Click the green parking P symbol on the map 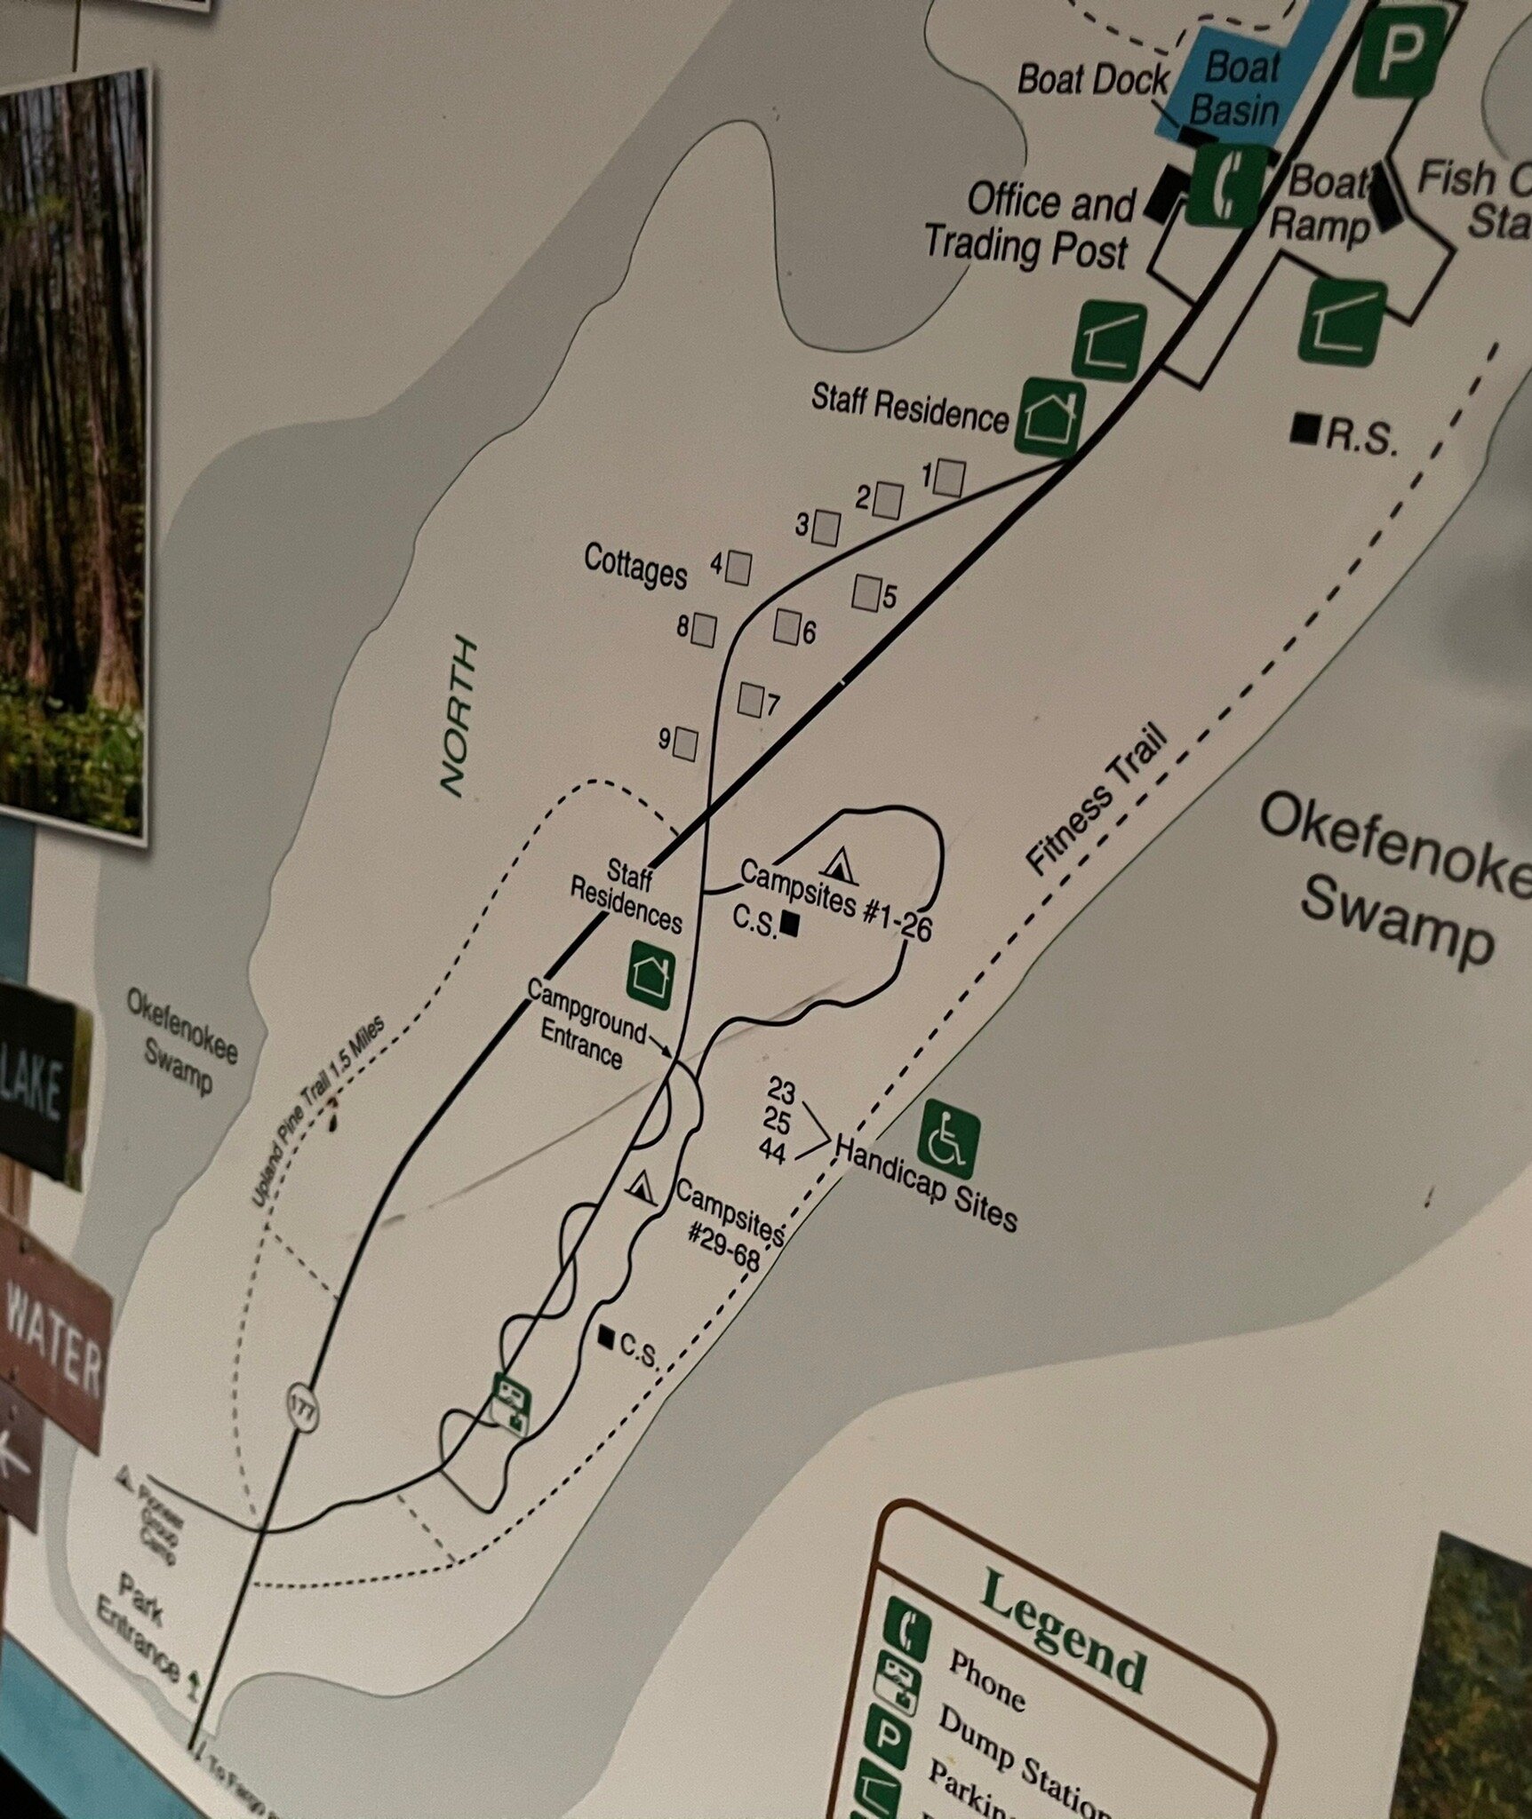coord(1400,52)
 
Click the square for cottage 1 coord(950,478)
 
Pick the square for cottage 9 coord(684,743)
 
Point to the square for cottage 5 coord(866,592)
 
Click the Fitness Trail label coord(1097,799)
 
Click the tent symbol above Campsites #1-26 coord(839,865)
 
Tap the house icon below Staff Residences coord(651,970)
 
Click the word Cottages coord(635,566)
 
